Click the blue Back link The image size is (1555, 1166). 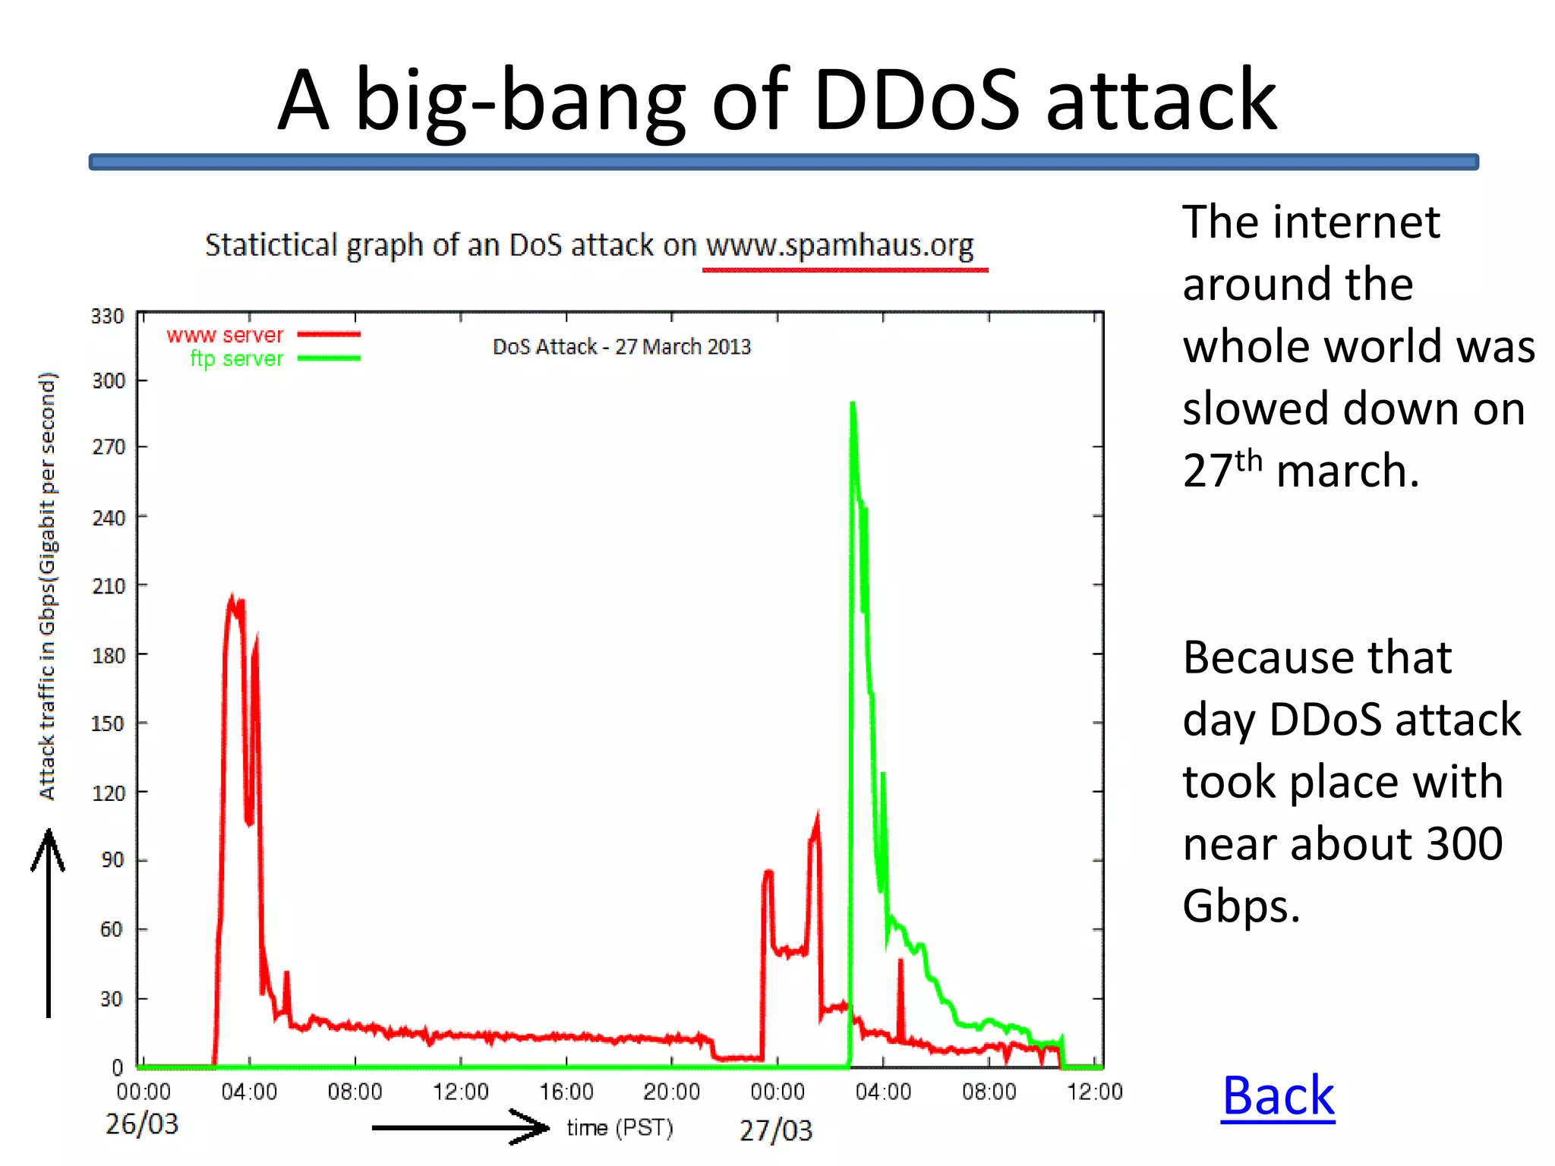click(x=1278, y=1096)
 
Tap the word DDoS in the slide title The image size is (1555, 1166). click(x=916, y=100)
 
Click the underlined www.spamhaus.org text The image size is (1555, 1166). click(x=840, y=246)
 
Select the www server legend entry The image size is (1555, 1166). click(x=225, y=335)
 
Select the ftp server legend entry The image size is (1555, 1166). click(x=236, y=358)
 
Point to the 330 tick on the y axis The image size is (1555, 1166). click(x=107, y=316)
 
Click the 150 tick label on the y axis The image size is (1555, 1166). click(x=107, y=723)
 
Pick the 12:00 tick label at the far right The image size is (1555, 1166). click(x=1094, y=1092)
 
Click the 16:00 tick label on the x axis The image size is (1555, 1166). click(x=566, y=1092)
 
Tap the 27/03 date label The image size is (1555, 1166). click(x=776, y=1130)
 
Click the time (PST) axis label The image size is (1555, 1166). click(x=620, y=1128)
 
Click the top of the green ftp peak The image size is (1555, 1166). click(x=853, y=405)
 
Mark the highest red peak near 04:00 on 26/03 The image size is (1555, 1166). click(x=232, y=598)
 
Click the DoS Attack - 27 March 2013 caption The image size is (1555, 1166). click(x=621, y=347)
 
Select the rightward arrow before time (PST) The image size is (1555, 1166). click(x=460, y=1127)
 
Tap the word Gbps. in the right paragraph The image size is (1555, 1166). click(x=1241, y=906)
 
